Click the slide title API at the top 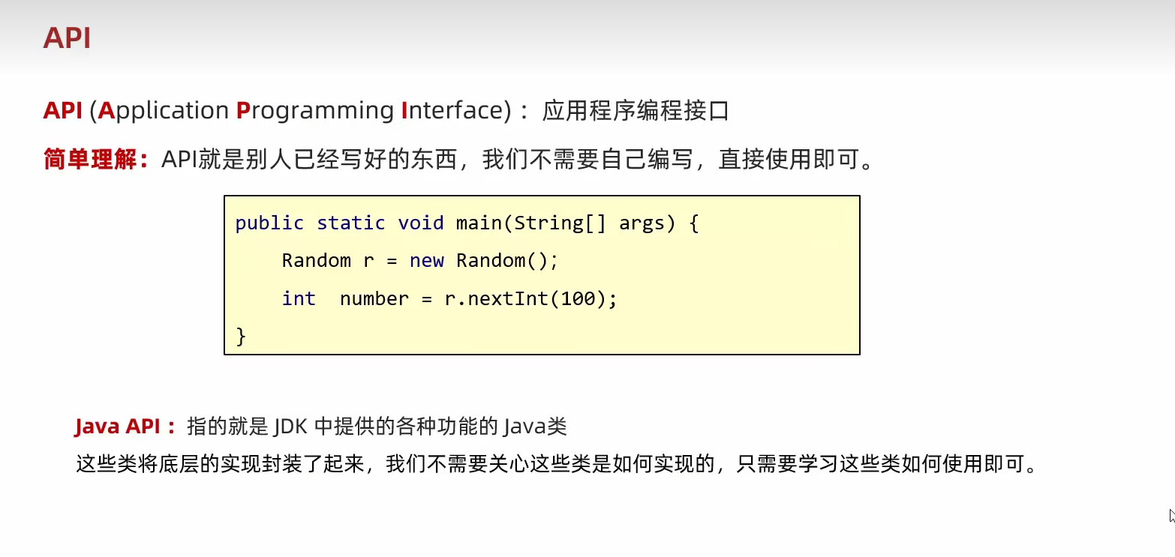67,37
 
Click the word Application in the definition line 164,111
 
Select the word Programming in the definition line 314,111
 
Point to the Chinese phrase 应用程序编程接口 635,111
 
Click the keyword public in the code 269,223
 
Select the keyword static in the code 351,223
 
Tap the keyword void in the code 421,223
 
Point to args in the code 642,223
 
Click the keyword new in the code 426,260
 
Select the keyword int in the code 299,298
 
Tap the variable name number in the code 374,298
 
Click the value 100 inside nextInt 578,298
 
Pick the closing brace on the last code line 241,335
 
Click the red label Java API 118,427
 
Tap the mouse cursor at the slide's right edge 1171,516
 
